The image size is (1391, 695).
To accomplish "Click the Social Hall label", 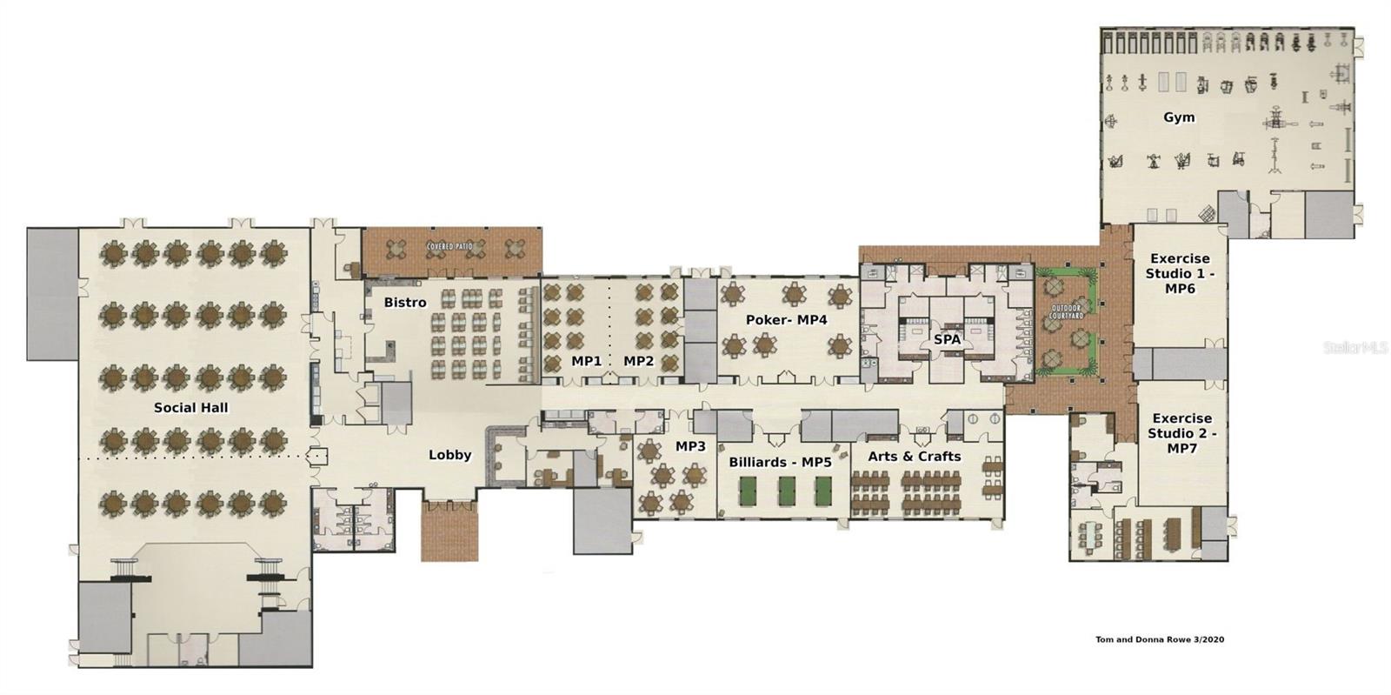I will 191,407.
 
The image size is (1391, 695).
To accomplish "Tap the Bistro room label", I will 405,303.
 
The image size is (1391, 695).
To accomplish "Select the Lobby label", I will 450,455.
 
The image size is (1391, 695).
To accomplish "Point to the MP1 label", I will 586,360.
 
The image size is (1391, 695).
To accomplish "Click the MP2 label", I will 638,360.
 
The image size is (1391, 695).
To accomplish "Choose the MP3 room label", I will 690,446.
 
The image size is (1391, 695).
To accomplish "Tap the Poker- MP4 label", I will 787,320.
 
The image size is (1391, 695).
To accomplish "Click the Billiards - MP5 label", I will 780,462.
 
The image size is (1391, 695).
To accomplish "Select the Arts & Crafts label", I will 915,456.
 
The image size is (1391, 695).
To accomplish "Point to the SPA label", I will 947,339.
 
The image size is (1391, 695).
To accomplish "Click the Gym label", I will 1179,117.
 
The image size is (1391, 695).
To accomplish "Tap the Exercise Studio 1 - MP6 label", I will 1180,273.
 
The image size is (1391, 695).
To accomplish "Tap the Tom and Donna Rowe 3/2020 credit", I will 1160,640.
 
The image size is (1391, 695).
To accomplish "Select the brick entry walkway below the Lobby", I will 449,531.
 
